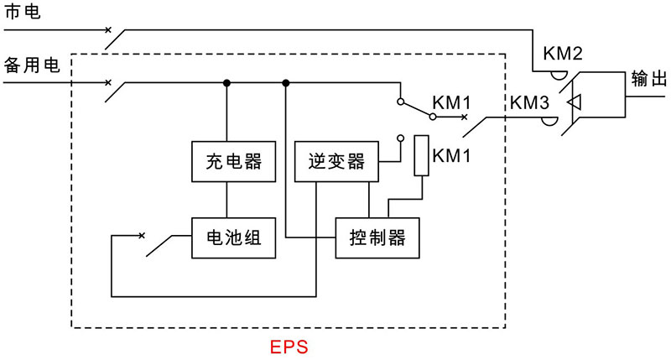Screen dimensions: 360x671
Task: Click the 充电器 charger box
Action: (227, 161)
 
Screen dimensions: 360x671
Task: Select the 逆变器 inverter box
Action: (336, 161)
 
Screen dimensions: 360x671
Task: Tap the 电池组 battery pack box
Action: (227, 238)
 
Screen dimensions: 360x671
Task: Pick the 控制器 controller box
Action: (377, 238)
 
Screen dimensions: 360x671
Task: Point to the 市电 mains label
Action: (21, 13)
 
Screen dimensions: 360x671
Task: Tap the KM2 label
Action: (563, 54)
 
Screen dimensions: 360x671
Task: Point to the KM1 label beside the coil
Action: (451, 155)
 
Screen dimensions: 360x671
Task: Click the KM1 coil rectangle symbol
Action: (422, 156)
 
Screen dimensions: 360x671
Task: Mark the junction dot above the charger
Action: (226, 83)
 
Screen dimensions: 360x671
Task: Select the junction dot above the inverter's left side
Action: (286, 83)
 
